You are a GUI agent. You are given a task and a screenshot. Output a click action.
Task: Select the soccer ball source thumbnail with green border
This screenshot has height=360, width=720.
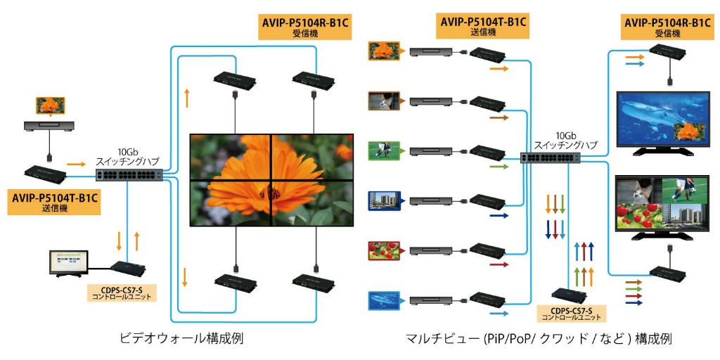(384, 150)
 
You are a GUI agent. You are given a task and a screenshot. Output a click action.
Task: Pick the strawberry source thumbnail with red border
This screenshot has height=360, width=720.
(384, 251)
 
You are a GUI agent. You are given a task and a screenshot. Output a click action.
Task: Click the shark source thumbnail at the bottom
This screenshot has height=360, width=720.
(384, 301)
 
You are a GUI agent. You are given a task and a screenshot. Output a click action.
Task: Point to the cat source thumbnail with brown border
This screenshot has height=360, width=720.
(384, 100)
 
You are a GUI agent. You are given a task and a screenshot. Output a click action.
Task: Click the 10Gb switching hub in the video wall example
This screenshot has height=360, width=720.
(129, 174)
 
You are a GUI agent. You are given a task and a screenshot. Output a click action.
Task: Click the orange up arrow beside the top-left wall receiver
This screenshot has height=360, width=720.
(187, 98)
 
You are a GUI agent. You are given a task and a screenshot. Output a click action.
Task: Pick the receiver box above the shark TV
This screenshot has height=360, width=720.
(669, 50)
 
